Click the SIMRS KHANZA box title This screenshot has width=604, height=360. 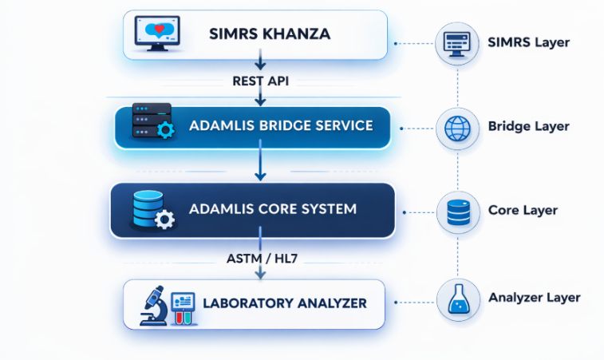coord(269,34)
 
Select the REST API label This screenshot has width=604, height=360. coord(259,81)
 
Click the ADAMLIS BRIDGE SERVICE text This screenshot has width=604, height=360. coord(280,126)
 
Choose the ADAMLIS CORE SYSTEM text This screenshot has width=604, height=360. coord(272,210)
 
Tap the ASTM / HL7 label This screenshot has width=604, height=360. coord(259,258)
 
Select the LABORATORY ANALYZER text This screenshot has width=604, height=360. coord(284,303)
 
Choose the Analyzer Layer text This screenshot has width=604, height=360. coord(534,298)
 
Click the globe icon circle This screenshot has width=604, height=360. coord(458,127)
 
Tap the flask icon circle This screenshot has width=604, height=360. coord(458,299)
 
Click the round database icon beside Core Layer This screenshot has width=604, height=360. coord(458,212)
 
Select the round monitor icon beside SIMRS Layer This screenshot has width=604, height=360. coord(458,42)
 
